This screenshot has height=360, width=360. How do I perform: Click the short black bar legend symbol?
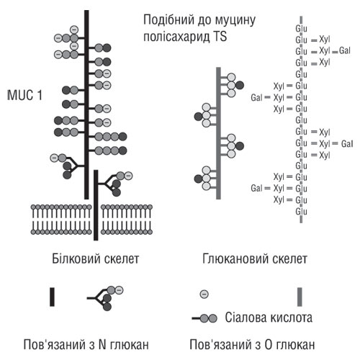click(52, 297)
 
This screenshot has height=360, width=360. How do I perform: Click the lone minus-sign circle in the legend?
click(204, 294)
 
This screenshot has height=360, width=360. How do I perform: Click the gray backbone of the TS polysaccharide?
click(218, 130)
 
